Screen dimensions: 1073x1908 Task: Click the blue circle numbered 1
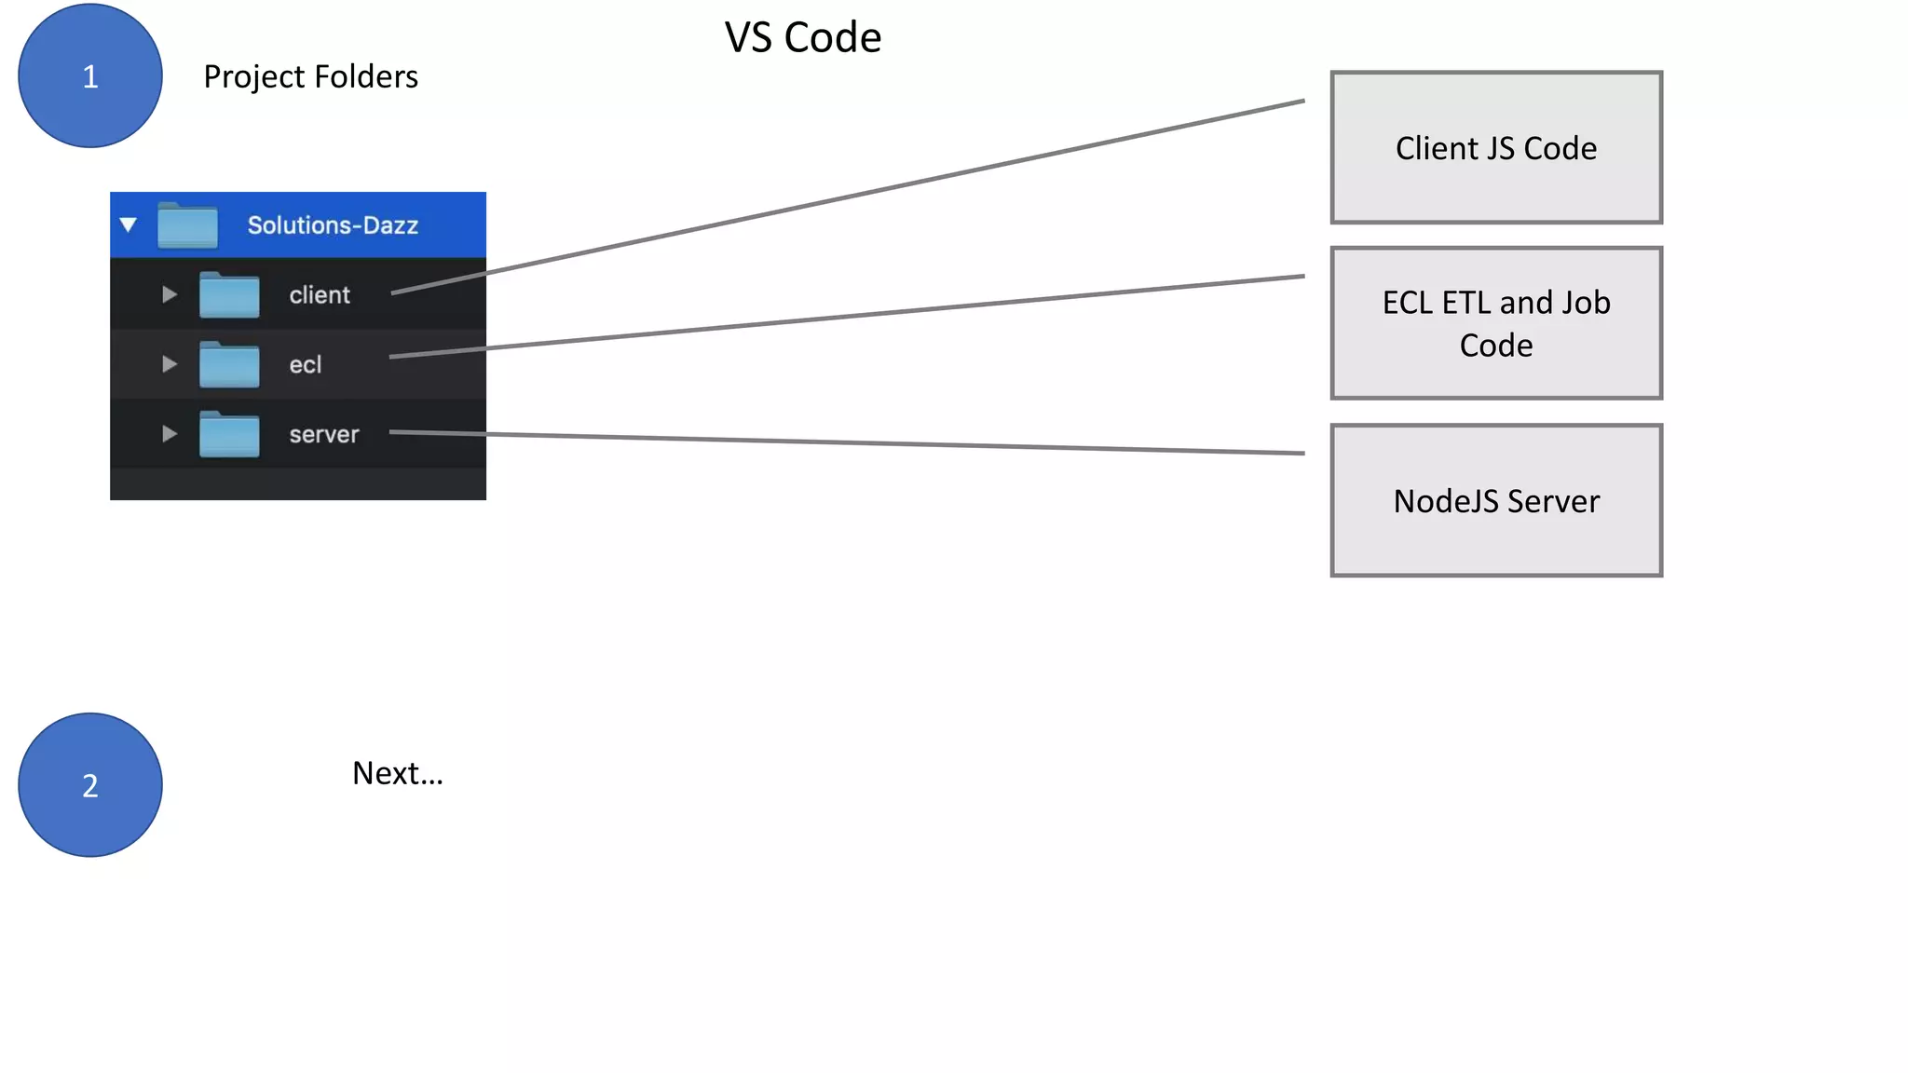pyautogui.click(x=90, y=75)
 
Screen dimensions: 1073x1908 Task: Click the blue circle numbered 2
pyautogui.click(x=90, y=785)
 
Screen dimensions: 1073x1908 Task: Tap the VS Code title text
pyautogui.click(x=802, y=37)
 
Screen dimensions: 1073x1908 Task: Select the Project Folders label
pyautogui.click(x=310, y=76)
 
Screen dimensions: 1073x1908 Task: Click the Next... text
pyautogui.click(x=397, y=773)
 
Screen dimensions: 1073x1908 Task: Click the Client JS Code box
pyautogui.click(x=1495, y=148)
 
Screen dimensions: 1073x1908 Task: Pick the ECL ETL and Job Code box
pyautogui.click(x=1495, y=323)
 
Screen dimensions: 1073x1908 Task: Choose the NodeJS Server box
pyautogui.click(x=1495, y=500)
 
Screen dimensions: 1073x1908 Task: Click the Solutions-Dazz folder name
pyautogui.click(x=332, y=225)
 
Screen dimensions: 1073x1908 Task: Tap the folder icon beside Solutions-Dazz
pyautogui.click(x=187, y=226)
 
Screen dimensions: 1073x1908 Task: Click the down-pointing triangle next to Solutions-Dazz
pyautogui.click(x=129, y=224)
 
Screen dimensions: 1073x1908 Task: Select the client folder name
pyautogui.click(x=319, y=295)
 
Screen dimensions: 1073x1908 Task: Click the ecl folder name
pyautogui.click(x=305, y=365)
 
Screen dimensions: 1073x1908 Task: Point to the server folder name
pyautogui.click(x=323, y=434)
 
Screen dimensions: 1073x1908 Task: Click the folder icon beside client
pyautogui.click(x=229, y=295)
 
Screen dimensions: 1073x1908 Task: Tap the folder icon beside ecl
pyautogui.click(x=229, y=365)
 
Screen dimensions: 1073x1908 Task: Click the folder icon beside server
pyautogui.click(x=229, y=434)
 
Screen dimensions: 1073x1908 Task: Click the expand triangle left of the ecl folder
pyautogui.click(x=169, y=364)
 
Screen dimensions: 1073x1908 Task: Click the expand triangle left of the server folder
pyautogui.click(x=169, y=433)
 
